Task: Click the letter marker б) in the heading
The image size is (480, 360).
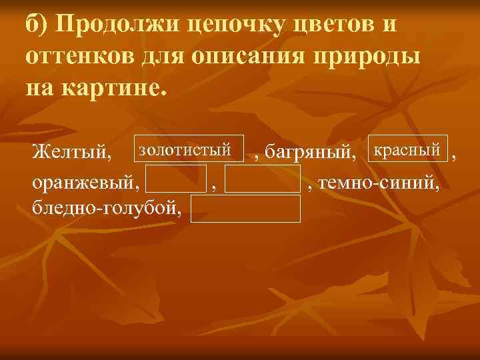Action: click(37, 24)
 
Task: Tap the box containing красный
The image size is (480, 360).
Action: click(406, 150)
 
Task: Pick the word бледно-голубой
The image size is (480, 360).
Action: click(105, 208)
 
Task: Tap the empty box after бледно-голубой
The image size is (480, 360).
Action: click(245, 208)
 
